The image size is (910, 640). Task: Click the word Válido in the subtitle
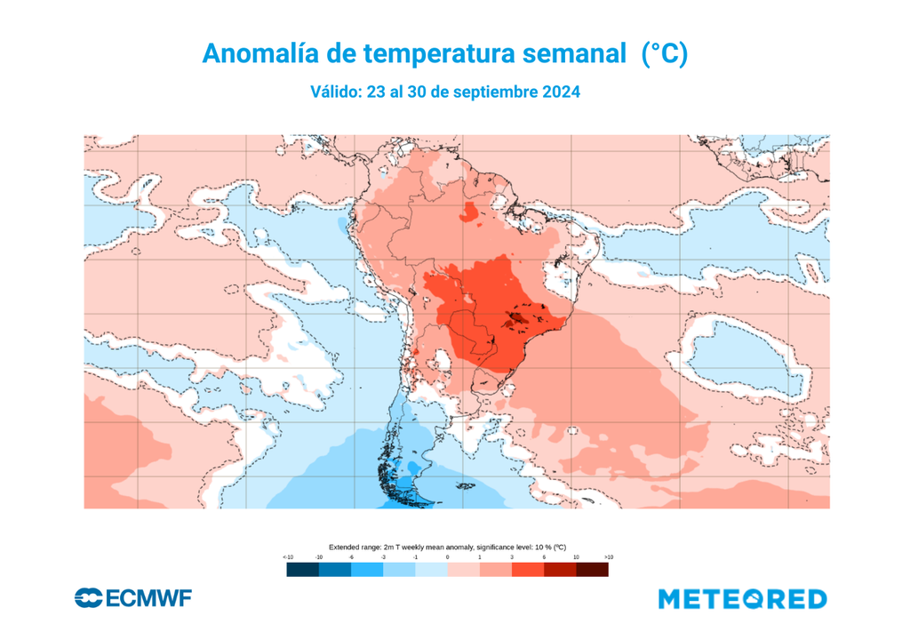click(x=335, y=92)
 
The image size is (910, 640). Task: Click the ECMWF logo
click(x=133, y=598)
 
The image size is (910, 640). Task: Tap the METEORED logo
click(x=742, y=599)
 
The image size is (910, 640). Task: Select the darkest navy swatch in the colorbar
click(x=303, y=570)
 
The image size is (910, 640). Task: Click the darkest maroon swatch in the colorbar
click(x=593, y=570)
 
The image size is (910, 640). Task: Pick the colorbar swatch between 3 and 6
click(x=528, y=570)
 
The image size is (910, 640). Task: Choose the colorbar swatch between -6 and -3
click(x=367, y=570)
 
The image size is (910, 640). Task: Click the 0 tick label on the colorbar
click(x=448, y=556)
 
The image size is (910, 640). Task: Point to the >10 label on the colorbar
click(x=609, y=556)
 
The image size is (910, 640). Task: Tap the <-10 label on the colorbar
click(x=287, y=556)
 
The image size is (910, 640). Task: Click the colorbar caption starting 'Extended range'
click(x=447, y=547)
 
